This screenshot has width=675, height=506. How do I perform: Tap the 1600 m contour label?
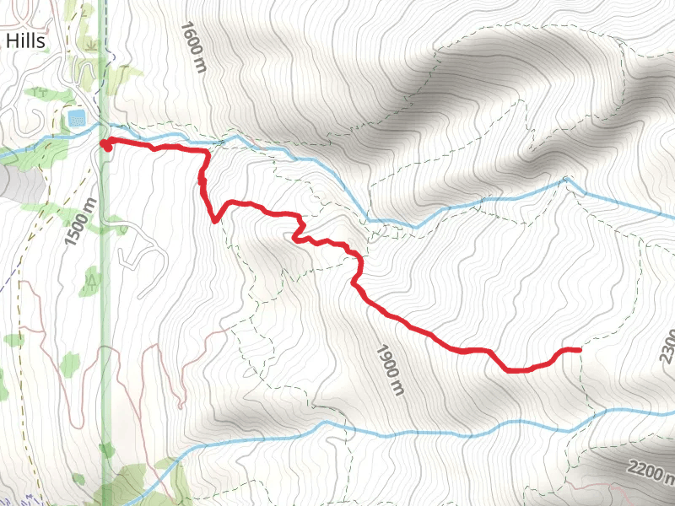point(193,47)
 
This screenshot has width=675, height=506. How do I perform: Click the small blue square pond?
point(76,118)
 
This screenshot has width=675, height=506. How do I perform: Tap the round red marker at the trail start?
point(106,145)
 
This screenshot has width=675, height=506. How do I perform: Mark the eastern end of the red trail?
point(580,349)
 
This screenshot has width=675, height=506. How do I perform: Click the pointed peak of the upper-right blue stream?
point(568,179)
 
